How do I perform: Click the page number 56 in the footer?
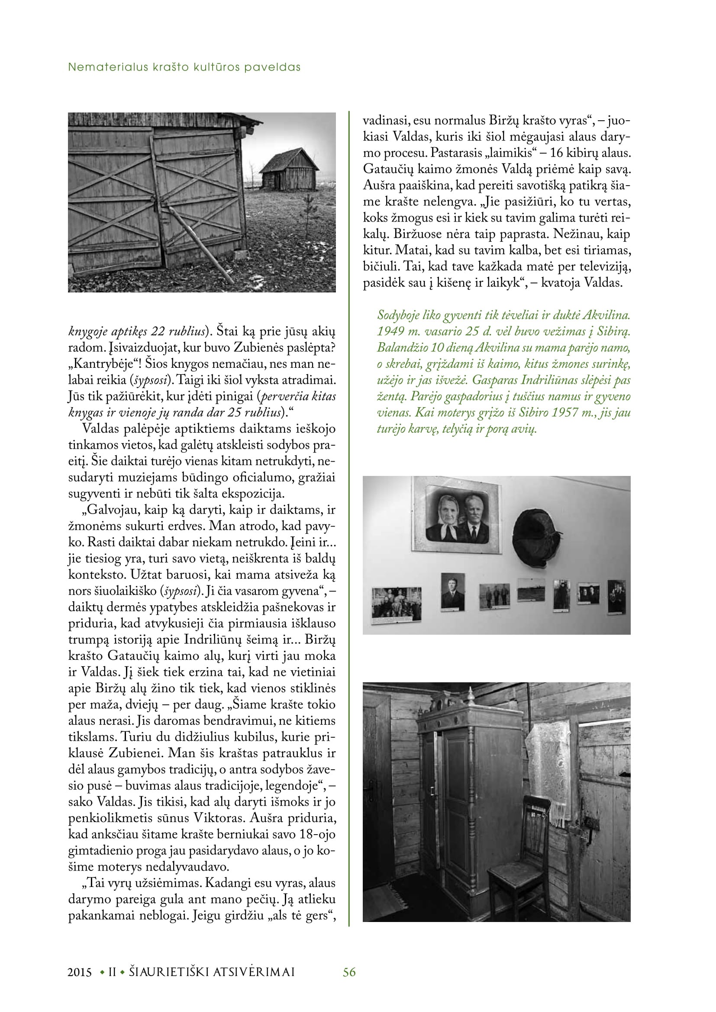(349, 972)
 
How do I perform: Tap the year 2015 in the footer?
(80, 972)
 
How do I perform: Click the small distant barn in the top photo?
(288, 170)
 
